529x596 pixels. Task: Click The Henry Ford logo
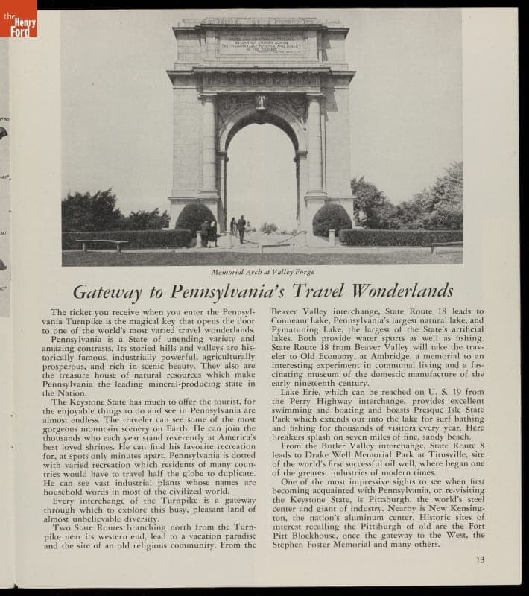coord(19,19)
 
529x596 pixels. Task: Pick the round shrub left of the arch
coord(195,218)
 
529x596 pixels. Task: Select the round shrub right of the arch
coord(332,218)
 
